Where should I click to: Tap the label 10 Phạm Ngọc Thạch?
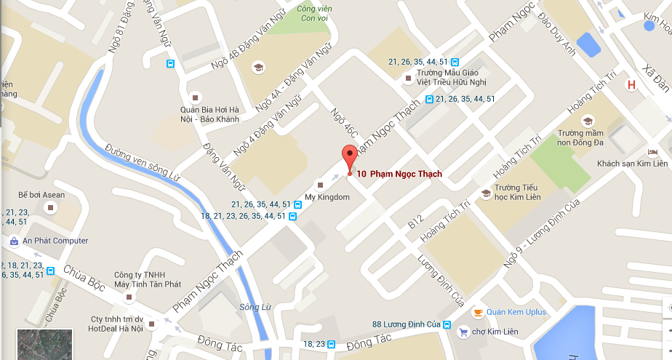click(399, 174)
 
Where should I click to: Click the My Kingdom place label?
click(327, 197)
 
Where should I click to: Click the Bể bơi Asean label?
click(41, 195)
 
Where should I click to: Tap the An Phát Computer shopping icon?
click(14, 241)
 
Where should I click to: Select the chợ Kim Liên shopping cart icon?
click(463, 332)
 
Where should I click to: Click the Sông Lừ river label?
click(255, 307)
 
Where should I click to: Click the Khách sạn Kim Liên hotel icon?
click(652, 151)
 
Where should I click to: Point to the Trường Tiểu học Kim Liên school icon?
click(486, 193)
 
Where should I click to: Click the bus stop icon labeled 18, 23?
click(331, 344)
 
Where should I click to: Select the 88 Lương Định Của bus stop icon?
click(447, 325)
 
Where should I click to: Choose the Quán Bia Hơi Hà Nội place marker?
click(194, 97)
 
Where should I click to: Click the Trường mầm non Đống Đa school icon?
click(588, 121)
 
